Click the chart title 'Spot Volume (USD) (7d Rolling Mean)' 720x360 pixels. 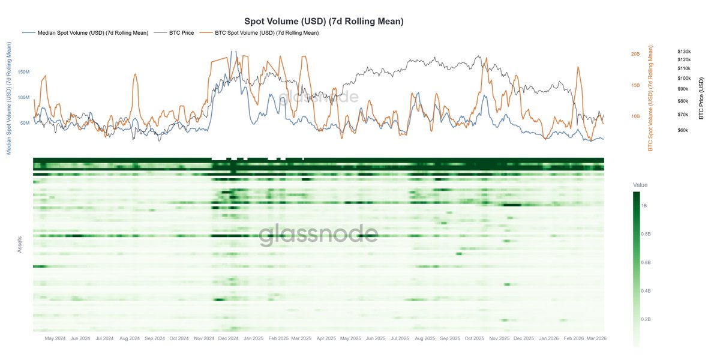323,21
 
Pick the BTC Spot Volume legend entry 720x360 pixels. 266,33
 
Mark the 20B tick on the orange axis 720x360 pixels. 635,54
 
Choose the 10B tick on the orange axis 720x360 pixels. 635,116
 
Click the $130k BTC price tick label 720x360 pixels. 684,52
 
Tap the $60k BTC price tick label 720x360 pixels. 683,130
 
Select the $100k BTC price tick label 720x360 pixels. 684,79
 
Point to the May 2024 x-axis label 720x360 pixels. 55,338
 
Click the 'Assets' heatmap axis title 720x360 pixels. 20,242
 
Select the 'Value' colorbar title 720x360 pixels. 640,185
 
